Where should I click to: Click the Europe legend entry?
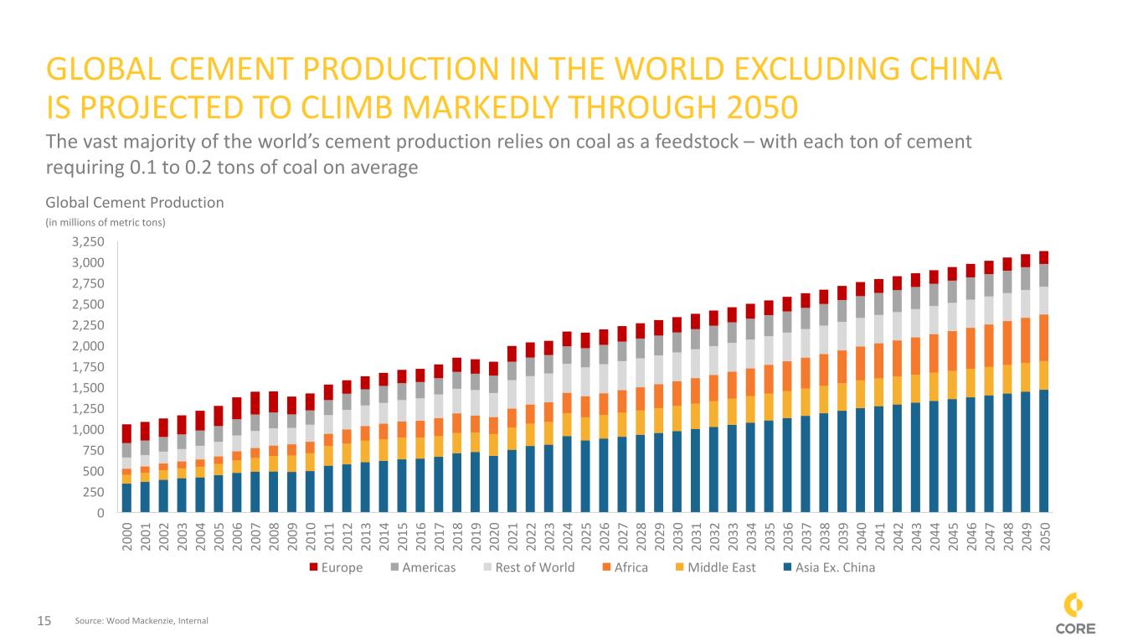pyautogui.click(x=337, y=567)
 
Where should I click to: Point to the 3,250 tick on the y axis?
pyautogui.click(x=87, y=242)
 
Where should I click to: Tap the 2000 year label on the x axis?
pyautogui.click(x=126, y=533)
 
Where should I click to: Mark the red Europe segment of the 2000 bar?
pyautogui.click(x=126, y=433)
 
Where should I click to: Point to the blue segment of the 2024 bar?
pyautogui.click(x=568, y=474)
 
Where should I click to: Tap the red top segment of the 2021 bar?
pyautogui.click(x=512, y=354)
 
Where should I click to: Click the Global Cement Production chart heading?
pyautogui.click(x=134, y=202)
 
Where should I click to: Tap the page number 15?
pyautogui.click(x=44, y=621)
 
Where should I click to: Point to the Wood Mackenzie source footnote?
pyautogui.click(x=142, y=621)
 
